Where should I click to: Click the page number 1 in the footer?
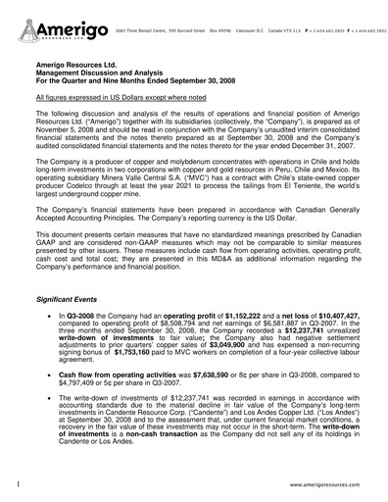click(x=19, y=484)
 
